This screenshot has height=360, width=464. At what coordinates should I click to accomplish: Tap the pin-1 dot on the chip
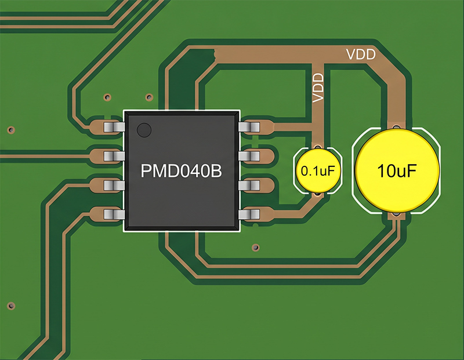tap(144, 129)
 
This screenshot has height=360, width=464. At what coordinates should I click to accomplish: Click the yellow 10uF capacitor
tap(397, 170)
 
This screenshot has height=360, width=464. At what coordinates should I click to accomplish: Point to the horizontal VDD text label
tap(361, 55)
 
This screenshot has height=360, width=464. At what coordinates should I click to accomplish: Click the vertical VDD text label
tap(318, 88)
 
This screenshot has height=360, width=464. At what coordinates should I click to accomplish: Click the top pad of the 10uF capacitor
tap(397, 126)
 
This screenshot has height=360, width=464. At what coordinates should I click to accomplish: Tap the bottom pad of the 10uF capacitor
tap(396, 216)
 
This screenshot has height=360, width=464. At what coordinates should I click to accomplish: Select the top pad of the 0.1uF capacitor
tap(317, 147)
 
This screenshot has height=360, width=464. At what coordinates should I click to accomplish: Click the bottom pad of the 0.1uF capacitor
tap(317, 195)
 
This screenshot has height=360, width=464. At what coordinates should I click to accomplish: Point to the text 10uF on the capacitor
tap(397, 171)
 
